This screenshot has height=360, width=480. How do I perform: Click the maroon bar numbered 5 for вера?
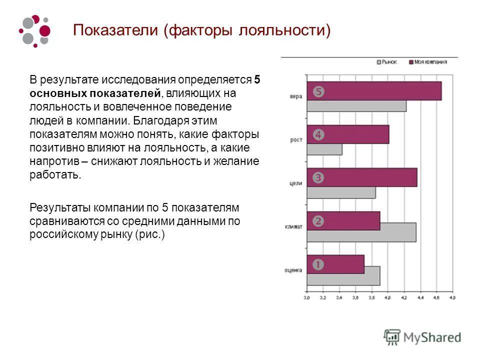(x=374, y=91)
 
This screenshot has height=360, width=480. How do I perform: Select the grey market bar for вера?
(x=356, y=106)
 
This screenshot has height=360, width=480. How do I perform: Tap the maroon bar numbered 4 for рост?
(x=347, y=134)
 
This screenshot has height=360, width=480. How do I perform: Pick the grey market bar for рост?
(x=324, y=149)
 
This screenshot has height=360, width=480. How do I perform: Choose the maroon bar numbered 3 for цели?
(x=361, y=177)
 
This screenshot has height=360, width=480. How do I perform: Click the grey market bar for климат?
(x=361, y=232)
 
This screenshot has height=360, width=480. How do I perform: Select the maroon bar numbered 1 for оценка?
(x=335, y=264)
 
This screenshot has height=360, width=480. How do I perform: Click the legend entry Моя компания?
(x=427, y=62)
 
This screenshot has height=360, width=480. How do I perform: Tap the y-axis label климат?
(x=294, y=226)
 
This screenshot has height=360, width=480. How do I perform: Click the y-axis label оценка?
(x=293, y=270)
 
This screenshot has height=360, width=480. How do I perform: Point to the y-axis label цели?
(x=295, y=183)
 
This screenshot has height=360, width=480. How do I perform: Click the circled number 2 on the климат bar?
(x=318, y=220)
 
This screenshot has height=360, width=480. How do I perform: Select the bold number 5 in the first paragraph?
(x=257, y=80)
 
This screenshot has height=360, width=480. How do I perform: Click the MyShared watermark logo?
(x=422, y=337)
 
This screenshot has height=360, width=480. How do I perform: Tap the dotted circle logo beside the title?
(x=35, y=31)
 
